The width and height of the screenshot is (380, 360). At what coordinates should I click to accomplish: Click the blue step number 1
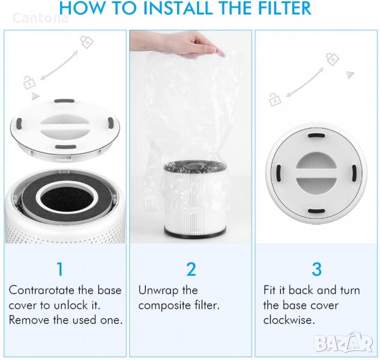click(60, 269)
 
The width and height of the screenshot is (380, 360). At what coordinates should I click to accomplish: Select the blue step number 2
click(191, 269)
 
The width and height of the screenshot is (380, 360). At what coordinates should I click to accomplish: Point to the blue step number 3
click(316, 269)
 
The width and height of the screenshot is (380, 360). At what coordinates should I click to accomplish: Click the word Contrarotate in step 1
click(41, 290)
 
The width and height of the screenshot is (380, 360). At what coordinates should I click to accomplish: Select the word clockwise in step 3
click(289, 320)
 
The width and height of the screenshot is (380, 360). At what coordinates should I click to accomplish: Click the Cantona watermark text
click(40, 18)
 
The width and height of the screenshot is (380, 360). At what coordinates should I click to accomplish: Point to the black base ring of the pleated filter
click(195, 231)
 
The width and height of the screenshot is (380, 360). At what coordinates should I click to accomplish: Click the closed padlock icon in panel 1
click(87, 42)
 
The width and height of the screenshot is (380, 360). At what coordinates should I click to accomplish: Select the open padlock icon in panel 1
click(29, 82)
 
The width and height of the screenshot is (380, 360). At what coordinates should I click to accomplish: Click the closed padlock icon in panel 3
click(332, 59)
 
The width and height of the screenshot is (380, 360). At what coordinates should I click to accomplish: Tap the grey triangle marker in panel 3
click(349, 74)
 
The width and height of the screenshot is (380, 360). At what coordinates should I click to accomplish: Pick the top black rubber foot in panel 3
click(316, 136)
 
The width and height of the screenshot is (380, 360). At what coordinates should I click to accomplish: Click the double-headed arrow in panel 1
click(59, 65)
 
